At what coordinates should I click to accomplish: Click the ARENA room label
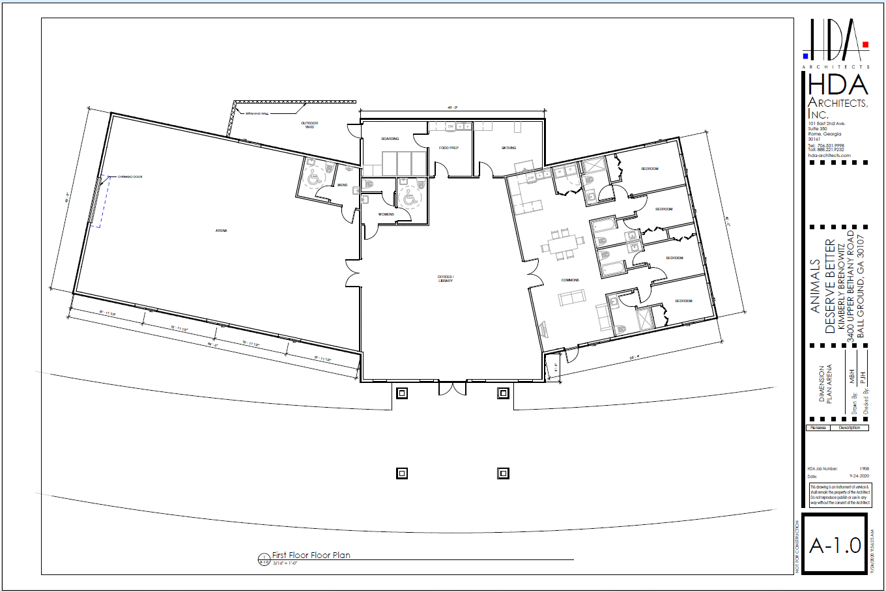pyautogui.click(x=221, y=231)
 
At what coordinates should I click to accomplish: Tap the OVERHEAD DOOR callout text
pyautogui.click(x=130, y=176)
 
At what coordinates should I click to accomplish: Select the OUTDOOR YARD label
pyautogui.click(x=309, y=124)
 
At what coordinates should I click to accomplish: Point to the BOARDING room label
pyautogui.click(x=390, y=139)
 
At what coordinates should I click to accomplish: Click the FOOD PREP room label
pyautogui.click(x=448, y=148)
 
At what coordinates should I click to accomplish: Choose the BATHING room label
pyautogui.click(x=509, y=148)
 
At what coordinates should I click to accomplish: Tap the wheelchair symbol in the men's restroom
pyautogui.click(x=313, y=178)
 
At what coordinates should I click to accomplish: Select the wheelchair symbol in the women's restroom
pyautogui.click(x=409, y=199)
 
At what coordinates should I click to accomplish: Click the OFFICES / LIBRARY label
pyautogui.click(x=446, y=279)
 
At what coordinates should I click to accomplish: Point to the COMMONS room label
pyautogui.click(x=570, y=280)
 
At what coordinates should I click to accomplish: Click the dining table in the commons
pyautogui.click(x=562, y=245)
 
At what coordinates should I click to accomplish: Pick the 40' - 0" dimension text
pyautogui.click(x=453, y=107)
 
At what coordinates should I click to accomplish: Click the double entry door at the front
pyautogui.click(x=453, y=389)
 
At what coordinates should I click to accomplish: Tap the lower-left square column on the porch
pyautogui.click(x=402, y=473)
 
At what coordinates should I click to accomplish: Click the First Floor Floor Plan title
pyautogui.click(x=311, y=556)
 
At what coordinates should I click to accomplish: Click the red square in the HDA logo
pyautogui.click(x=865, y=45)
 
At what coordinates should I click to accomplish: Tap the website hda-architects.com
pyautogui.click(x=829, y=155)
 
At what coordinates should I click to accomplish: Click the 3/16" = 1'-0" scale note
pyautogui.click(x=285, y=563)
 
